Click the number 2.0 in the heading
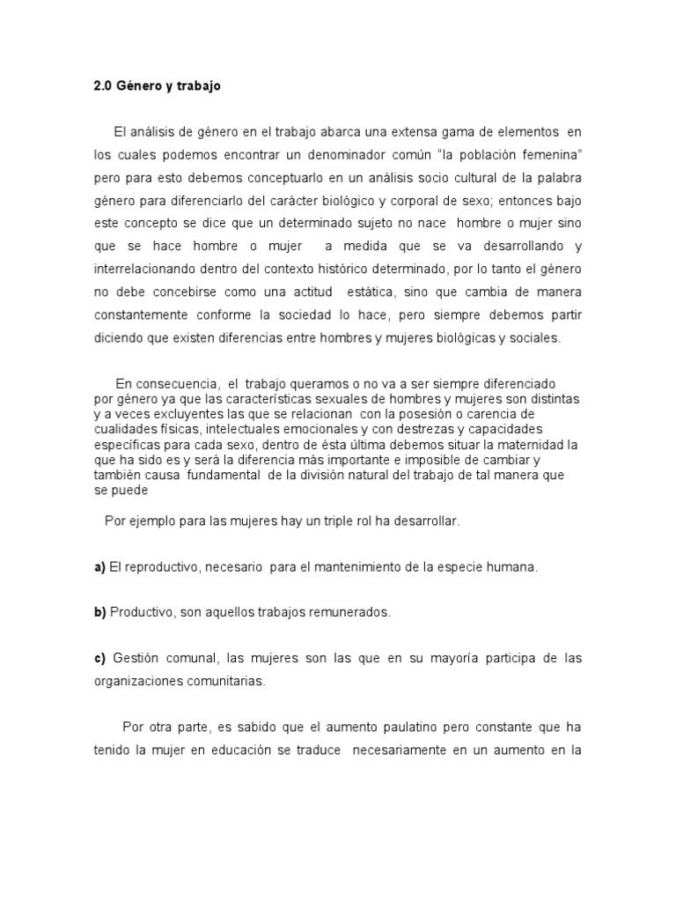[104, 87]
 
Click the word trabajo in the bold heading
[198, 87]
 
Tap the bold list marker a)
[100, 566]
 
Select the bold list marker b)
[100, 612]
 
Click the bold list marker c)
[100, 658]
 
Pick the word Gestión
[137, 658]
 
